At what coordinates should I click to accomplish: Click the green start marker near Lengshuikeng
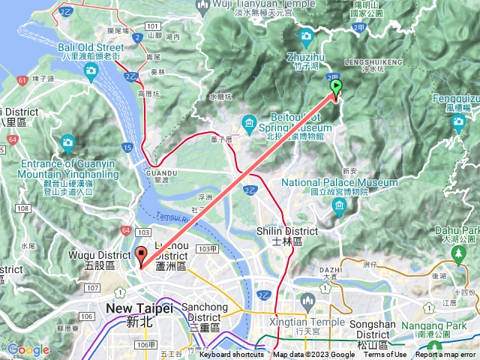(336, 88)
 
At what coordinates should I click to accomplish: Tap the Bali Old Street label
(90, 49)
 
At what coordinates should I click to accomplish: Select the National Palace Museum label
(340, 187)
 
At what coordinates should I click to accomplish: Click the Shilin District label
(279, 236)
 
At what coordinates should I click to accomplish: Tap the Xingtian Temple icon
(306, 301)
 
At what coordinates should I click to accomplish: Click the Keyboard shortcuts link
(231, 355)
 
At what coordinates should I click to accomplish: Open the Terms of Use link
(385, 355)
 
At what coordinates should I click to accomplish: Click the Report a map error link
(447, 355)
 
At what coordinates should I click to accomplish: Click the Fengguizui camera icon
(458, 124)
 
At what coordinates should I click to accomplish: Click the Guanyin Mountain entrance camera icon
(68, 142)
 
